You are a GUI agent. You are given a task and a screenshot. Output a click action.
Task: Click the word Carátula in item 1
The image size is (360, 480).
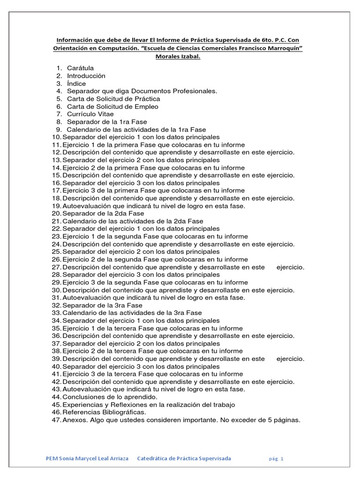[x=80, y=68]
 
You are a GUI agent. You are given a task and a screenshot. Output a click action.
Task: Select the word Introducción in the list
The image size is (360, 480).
[x=86, y=75]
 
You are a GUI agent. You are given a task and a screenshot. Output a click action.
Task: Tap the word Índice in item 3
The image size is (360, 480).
[x=76, y=83]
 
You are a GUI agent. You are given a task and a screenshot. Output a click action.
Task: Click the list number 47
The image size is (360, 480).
[x=56, y=420]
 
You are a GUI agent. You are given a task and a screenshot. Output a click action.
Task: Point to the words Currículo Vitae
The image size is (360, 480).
[x=90, y=114]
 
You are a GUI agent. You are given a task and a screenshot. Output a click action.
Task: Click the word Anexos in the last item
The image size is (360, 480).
[x=75, y=420]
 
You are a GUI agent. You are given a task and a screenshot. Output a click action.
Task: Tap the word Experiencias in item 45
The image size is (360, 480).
[x=82, y=405]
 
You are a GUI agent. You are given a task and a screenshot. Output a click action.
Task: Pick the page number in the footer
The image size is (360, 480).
[x=282, y=459]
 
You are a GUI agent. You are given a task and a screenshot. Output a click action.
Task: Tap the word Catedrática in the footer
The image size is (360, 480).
[x=155, y=458]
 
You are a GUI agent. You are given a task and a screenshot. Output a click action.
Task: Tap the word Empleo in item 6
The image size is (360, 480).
[x=144, y=106]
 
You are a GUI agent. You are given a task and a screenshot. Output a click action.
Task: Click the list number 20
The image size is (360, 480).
[x=56, y=213]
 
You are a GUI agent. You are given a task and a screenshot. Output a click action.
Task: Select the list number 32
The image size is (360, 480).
[x=56, y=305]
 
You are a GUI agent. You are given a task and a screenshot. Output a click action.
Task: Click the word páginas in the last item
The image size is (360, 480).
[x=285, y=420]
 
